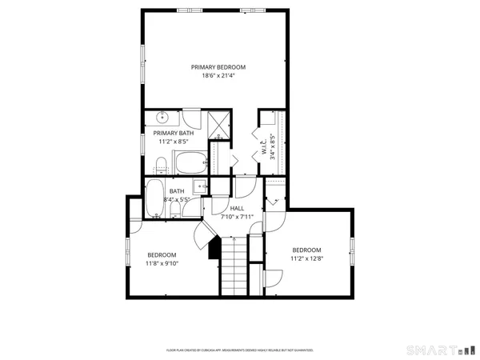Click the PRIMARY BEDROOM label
pos(218,67)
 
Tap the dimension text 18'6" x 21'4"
pos(218,78)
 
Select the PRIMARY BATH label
pos(174,133)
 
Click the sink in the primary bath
pos(161,116)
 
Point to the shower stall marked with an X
pos(218,123)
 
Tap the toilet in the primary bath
pos(161,166)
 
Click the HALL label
pos(237,207)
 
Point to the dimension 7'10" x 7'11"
pos(237,216)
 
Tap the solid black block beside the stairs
pos(214,250)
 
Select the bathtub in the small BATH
pos(154,198)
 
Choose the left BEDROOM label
pos(162,254)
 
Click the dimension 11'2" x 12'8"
pos(306,258)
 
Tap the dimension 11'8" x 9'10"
pos(162,263)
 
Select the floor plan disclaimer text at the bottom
pos(239,350)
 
